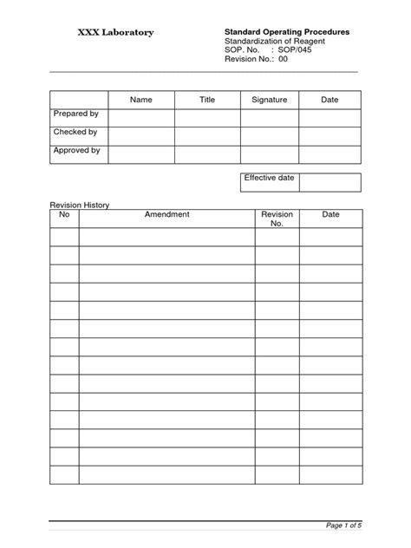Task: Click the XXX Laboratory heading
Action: pyautogui.click(x=117, y=32)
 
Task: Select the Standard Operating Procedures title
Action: pyautogui.click(x=287, y=31)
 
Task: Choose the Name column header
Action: pyautogui.click(x=140, y=101)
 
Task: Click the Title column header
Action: pyautogui.click(x=207, y=101)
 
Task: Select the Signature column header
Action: pyautogui.click(x=269, y=101)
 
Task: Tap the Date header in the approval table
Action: pyautogui.click(x=329, y=101)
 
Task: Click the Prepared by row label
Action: pyautogui.click(x=76, y=114)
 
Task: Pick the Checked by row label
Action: pyautogui.click(x=75, y=133)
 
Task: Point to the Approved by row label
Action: pyautogui.click(x=77, y=151)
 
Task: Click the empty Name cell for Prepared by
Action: pyautogui.click(x=140, y=118)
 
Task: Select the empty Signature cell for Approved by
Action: pyautogui.click(x=269, y=154)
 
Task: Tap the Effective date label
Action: pyautogui.click(x=269, y=178)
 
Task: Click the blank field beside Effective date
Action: pyautogui.click(x=330, y=181)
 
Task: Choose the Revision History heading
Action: pyautogui.click(x=79, y=205)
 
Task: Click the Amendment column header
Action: pyautogui.click(x=167, y=214)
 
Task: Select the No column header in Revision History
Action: pyautogui.click(x=63, y=214)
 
